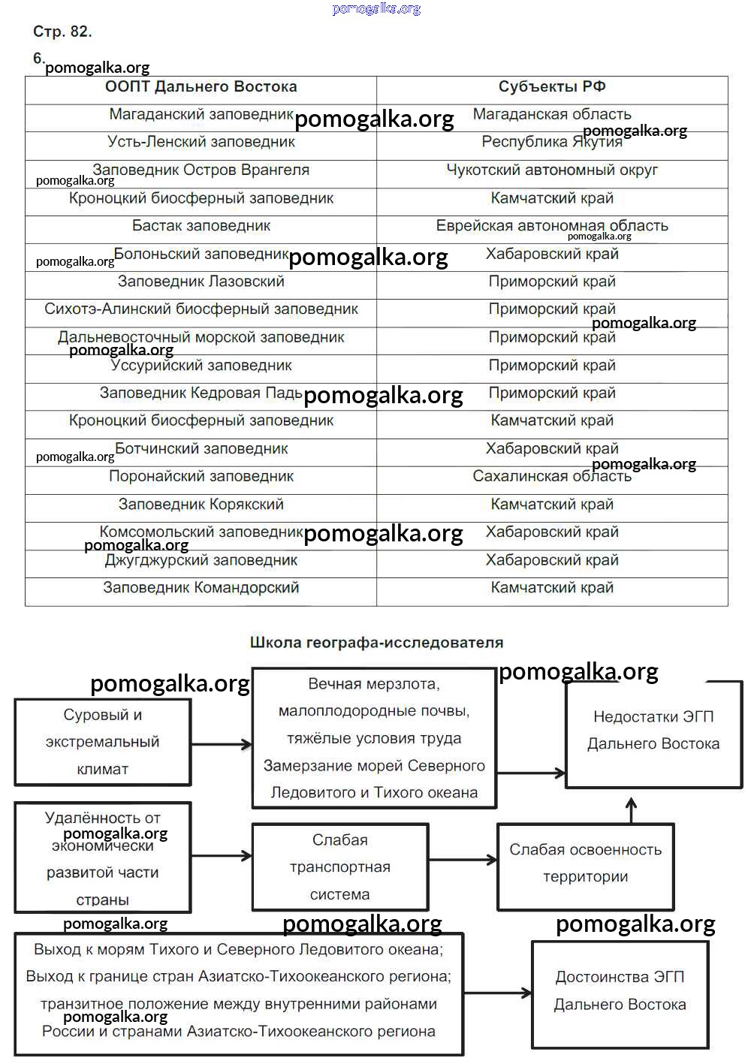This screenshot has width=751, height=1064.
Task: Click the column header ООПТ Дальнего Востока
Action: (x=201, y=87)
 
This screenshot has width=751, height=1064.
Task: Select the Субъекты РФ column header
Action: (x=552, y=87)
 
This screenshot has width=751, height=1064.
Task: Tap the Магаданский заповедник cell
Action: (x=201, y=115)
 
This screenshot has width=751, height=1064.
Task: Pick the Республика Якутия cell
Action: (x=552, y=143)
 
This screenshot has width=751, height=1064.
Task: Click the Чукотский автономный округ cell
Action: (x=552, y=170)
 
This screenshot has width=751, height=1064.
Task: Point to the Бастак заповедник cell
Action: (x=201, y=226)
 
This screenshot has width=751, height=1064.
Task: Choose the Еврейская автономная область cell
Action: (x=552, y=226)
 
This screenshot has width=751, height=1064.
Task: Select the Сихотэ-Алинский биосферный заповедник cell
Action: (x=201, y=309)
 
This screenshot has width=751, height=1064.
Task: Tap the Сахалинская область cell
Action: (x=552, y=477)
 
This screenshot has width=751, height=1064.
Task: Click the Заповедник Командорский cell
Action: (x=201, y=588)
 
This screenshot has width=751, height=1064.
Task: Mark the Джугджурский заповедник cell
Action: (x=201, y=560)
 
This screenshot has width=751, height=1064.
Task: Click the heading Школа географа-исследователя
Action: (x=376, y=643)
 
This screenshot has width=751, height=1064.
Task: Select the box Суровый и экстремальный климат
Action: (x=103, y=742)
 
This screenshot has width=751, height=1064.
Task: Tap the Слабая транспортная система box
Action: (x=340, y=867)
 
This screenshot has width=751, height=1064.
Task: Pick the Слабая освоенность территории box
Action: (x=586, y=864)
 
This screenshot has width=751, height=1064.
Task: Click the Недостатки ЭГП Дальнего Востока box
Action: (x=653, y=731)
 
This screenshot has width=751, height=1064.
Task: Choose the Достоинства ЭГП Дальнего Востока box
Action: (x=620, y=991)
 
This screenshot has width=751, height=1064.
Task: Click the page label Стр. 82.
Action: (x=62, y=32)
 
